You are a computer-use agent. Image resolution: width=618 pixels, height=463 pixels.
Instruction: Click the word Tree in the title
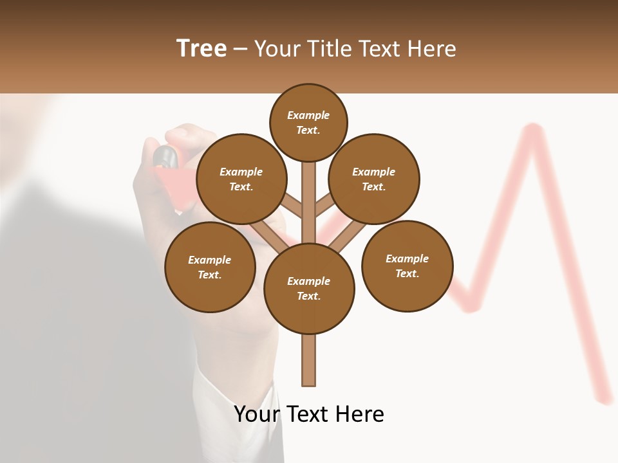tap(201, 48)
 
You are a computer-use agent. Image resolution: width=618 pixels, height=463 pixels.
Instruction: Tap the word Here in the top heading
tap(431, 49)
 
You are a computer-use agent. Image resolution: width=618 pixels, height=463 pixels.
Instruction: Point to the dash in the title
tap(241, 50)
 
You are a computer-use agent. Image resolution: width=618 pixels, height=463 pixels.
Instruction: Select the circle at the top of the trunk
tap(308, 122)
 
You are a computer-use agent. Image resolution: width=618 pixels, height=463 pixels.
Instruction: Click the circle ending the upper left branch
tap(241, 179)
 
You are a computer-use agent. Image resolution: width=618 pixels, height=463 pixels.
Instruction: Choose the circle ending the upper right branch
tap(374, 179)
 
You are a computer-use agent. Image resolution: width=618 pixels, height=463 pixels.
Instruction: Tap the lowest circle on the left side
tap(210, 267)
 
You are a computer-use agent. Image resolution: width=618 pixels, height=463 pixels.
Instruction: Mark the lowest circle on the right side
tap(407, 266)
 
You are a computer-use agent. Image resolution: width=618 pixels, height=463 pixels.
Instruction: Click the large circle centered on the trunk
tap(309, 288)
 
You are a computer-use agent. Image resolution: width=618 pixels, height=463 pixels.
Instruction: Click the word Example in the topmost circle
tap(308, 116)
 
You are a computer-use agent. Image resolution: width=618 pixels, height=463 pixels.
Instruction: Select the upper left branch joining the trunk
tap(291, 207)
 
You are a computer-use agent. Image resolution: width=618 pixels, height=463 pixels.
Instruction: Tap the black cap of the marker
tap(165, 155)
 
